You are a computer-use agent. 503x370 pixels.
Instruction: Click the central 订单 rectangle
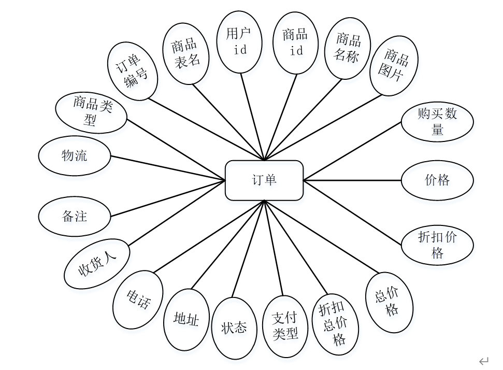coord(264,180)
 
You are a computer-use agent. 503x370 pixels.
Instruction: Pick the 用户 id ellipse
coord(239,42)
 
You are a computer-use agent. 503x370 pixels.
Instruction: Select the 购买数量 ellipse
coord(437,122)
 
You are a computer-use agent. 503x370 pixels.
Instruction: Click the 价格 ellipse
coord(437,180)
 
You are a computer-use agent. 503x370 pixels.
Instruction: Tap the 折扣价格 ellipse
coord(437,245)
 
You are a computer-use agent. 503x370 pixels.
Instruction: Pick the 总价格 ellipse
coord(390,302)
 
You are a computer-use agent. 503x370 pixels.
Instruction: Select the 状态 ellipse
coord(235,328)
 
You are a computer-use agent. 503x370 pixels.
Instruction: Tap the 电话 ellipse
coord(138,299)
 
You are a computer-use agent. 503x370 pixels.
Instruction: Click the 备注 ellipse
coord(75,216)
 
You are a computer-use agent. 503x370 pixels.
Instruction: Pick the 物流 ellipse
coord(75,155)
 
